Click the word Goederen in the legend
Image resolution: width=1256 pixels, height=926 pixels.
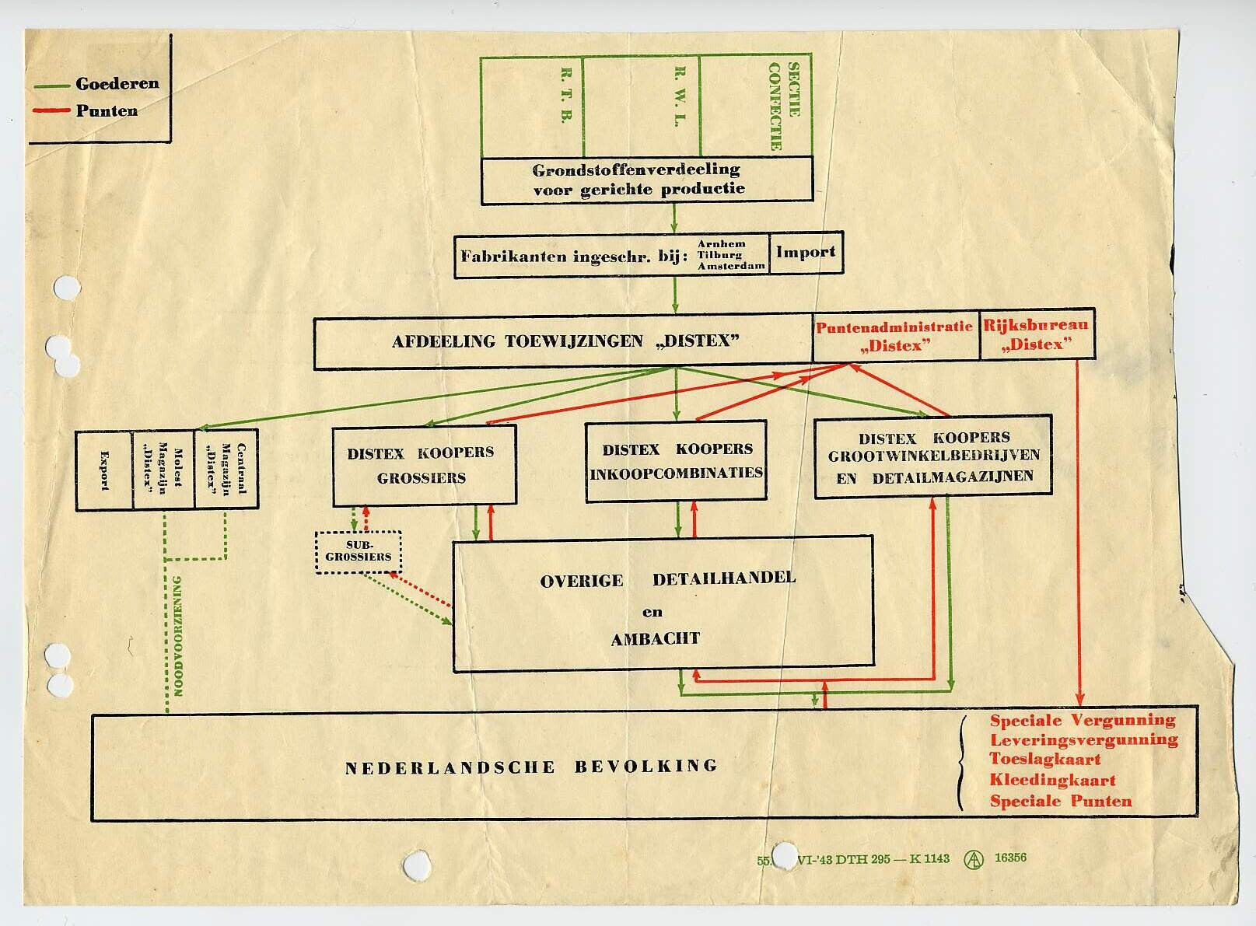pyautogui.click(x=117, y=83)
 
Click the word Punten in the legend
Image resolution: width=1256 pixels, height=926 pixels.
pyautogui.click(x=107, y=110)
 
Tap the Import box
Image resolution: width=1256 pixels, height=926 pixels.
pyautogui.click(x=805, y=252)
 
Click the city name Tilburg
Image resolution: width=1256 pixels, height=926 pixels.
pyautogui.click(x=719, y=254)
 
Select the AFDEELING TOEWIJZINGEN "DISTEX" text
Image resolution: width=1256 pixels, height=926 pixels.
pyautogui.click(x=565, y=341)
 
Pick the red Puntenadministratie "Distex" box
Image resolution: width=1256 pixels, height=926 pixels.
pyautogui.click(x=894, y=336)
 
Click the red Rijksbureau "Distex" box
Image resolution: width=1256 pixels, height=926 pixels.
pyautogui.click(x=1035, y=335)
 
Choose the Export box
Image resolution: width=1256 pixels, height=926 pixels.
pyautogui.click(x=104, y=470)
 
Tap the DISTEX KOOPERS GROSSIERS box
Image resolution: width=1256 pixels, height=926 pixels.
pyautogui.click(x=422, y=465)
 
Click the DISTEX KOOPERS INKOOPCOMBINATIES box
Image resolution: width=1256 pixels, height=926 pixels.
pyautogui.click(x=676, y=461)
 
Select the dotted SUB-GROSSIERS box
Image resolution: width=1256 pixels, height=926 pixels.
pyautogui.click(x=359, y=551)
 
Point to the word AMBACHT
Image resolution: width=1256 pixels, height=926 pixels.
pyautogui.click(x=655, y=639)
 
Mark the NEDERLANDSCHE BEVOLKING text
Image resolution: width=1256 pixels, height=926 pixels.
pyautogui.click(x=531, y=767)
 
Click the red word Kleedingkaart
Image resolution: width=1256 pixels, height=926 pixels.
pyautogui.click(x=1052, y=780)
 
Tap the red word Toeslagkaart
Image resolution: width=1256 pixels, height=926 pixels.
pyautogui.click(x=1044, y=759)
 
